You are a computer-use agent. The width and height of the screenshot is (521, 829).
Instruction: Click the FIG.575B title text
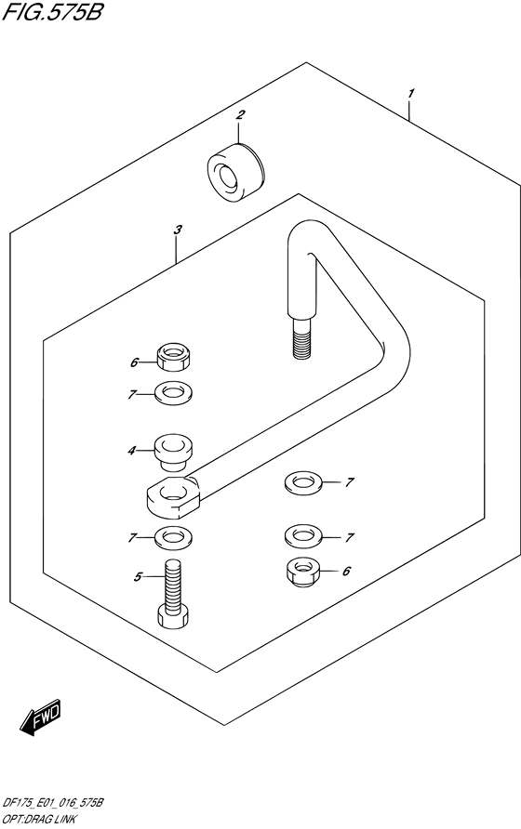[x=52, y=12]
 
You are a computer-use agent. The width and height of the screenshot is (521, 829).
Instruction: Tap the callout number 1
[x=411, y=94]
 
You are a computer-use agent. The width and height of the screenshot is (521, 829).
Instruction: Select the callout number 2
[x=240, y=114]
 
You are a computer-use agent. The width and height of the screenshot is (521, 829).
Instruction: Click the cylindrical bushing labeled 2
[x=236, y=172]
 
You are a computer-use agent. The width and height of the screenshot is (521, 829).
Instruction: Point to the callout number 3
[x=178, y=230]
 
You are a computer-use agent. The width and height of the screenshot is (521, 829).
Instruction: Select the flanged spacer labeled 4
[x=173, y=452]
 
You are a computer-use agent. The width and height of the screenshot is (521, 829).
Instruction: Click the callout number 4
[x=131, y=451]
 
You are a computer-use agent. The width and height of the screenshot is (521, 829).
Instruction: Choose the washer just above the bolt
[x=173, y=538]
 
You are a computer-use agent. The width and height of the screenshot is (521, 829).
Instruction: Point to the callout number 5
[x=138, y=577]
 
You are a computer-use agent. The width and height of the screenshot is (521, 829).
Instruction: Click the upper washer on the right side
[x=303, y=483]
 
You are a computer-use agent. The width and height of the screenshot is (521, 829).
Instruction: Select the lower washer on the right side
[x=303, y=536]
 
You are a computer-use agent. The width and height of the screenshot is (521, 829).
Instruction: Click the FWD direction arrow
[x=41, y=717]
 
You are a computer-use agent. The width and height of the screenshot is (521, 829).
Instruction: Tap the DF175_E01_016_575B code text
[x=52, y=803]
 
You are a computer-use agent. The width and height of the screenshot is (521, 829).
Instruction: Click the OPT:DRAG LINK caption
[x=39, y=820]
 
